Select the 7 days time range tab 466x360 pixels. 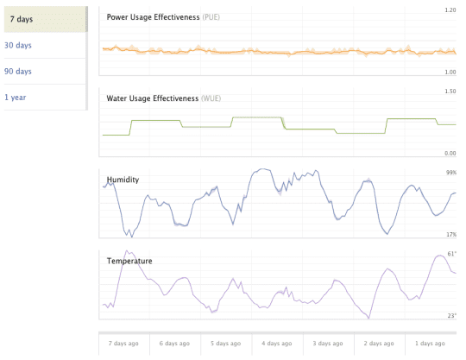point(22,19)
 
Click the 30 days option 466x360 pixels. point(18,45)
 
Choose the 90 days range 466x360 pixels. point(18,71)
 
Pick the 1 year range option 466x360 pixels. point(16,97)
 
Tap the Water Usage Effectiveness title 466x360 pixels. point(153,98)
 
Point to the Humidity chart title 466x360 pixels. point(123,180)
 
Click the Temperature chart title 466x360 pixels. point(130,260)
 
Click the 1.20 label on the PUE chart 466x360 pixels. point(450,10)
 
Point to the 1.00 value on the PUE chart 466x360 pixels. point(450,73)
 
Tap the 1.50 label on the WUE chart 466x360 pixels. point(450,92)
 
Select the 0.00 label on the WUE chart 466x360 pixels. point(450,154)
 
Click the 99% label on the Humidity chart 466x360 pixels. point(451,173)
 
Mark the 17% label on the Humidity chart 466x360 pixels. point(451,235)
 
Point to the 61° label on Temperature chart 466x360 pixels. point(451,254)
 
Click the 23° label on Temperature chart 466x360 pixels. point(451,316)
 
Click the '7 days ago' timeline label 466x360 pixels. point(123,344)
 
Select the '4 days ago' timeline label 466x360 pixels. point(277,344)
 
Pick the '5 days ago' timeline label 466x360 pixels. point(226,344)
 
